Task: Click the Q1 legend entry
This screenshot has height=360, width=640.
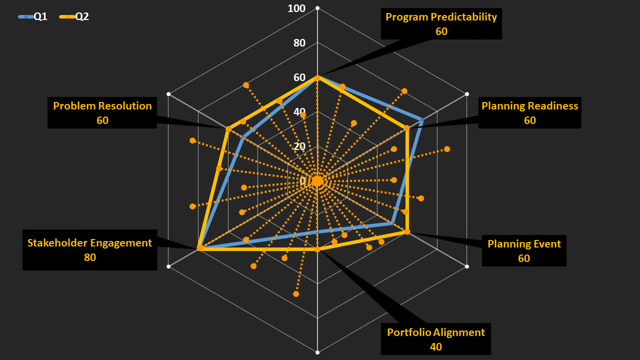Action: click(x=33, y=16)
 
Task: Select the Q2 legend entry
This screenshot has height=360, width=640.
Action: click(x=74, y=16)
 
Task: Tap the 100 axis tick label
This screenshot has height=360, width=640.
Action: click(x=296, y=8)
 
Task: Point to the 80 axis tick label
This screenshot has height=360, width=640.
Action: click(x=299, y=43)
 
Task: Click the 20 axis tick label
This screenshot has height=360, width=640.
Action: click(x=299, y=146)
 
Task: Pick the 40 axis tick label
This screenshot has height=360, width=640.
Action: click(x=299, y=112)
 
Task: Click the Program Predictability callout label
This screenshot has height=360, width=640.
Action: click(x=441, y=17)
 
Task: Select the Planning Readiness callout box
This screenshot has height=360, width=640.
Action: click(x=529, y=112)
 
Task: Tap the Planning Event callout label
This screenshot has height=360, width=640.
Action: click(x=524, y=244)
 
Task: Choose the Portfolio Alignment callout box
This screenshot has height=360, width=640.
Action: click(x=435, y=339)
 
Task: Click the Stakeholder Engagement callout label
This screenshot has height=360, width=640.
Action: click(x=89, y=243)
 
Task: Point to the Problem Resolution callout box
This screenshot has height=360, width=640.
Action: click(x=102, y=112)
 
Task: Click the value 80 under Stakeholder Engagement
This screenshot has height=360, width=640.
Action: click(x=90, y=257)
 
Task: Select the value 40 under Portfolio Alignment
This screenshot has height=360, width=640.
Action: click(x=436, y=346)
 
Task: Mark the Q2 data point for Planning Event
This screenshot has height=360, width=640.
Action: click(x=407, y=231)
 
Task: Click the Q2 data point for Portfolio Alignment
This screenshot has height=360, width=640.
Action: click(x=317, y=249)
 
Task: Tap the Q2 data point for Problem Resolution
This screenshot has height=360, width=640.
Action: click(x=228, y=129)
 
